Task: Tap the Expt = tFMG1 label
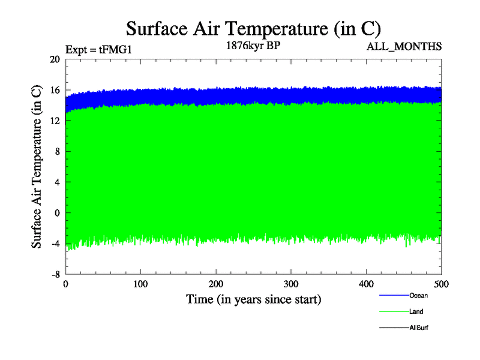pyautogui.click(x=98, y=50)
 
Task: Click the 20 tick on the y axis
pyautogui.click(x=55, y=59)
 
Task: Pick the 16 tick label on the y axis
pyautogui.click(x=55, y=90)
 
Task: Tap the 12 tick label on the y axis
pyautogui.click(x=55, y=121)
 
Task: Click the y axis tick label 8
pyautogui.click(x=57, y=151)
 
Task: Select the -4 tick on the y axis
pyautogui.click(x=55, y=243)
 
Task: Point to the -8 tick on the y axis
pyautogui.click(x=55, y=274)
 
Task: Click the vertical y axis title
pyautogui.click(x=37, y=167)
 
